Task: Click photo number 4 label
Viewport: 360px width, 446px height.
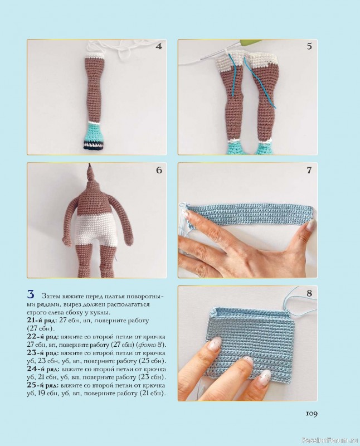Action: [x=159, y=47]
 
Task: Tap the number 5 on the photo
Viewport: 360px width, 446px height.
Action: [x=309, y=46]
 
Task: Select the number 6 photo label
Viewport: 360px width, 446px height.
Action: [x=159, y=170]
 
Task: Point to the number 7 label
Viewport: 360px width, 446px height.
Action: [x=309, y=170]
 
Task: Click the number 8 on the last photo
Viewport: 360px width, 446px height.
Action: [x=309, y=293]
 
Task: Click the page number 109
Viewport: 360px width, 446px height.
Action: [x=312, y=414]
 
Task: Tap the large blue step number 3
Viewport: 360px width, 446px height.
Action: [x=31, y=294]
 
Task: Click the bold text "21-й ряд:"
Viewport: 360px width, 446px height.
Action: [x=42, y=320]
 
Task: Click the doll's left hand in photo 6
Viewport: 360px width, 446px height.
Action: [x=130, y=240]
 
